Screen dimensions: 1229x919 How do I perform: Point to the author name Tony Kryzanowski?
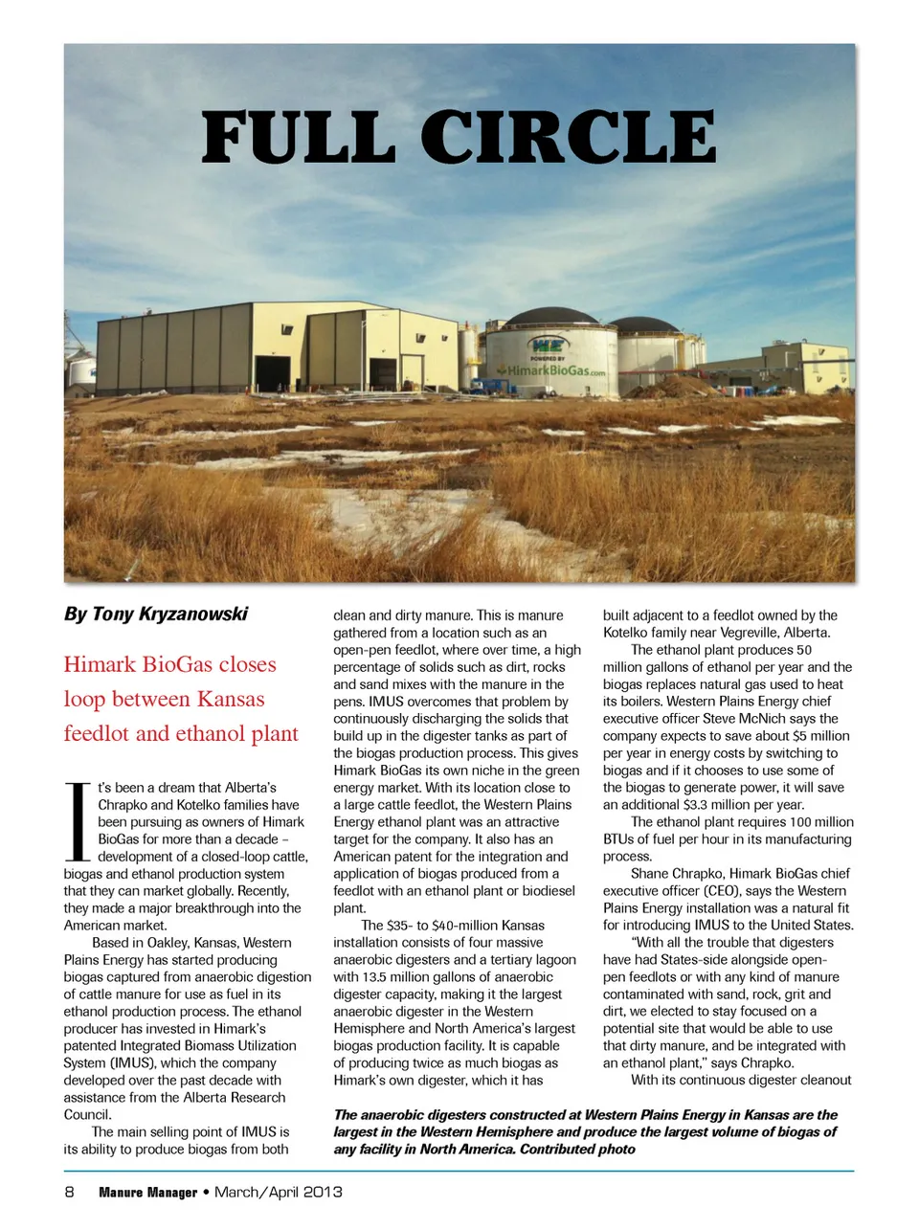point(169,614)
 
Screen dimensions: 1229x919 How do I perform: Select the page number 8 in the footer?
point(69,1192)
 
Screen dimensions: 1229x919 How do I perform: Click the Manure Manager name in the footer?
point(147,1193)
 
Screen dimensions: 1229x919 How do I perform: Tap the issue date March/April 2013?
point(279,1192)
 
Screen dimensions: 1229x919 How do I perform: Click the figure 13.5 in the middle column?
point(374,977)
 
